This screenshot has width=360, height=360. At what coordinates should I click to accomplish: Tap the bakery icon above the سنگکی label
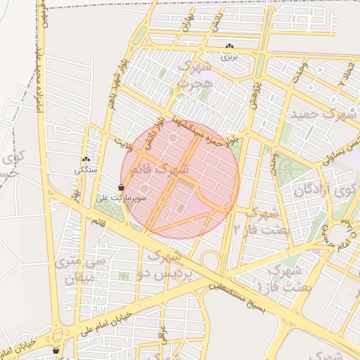point(86,160)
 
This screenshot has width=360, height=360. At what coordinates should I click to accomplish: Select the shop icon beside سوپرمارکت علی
point(122,188)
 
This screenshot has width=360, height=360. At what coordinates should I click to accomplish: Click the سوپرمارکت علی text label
point(103,198)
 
